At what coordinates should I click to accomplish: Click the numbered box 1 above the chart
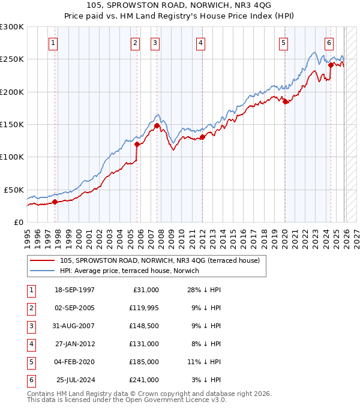pos(54,43)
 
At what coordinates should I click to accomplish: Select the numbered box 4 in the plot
pos(200,43)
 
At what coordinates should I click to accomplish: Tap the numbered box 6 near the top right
pos(329,43)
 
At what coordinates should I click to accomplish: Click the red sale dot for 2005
pos(137,144)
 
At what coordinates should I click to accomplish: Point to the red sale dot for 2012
pos(203,137)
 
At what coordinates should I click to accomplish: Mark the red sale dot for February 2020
pos(285,102)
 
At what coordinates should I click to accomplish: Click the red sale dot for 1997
pos(55,202)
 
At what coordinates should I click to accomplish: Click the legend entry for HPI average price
pos(129,271)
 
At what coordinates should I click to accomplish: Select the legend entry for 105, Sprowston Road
pos(159,260)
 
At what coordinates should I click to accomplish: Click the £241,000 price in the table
pos(145,379)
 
